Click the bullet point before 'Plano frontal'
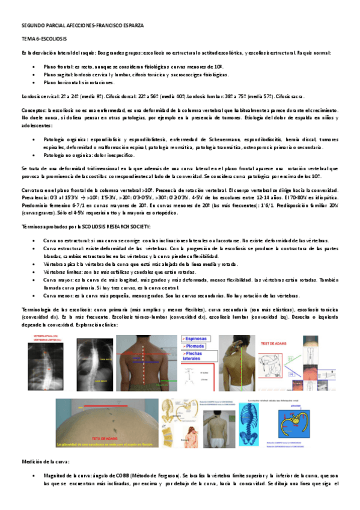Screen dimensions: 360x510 tap(38, 67)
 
